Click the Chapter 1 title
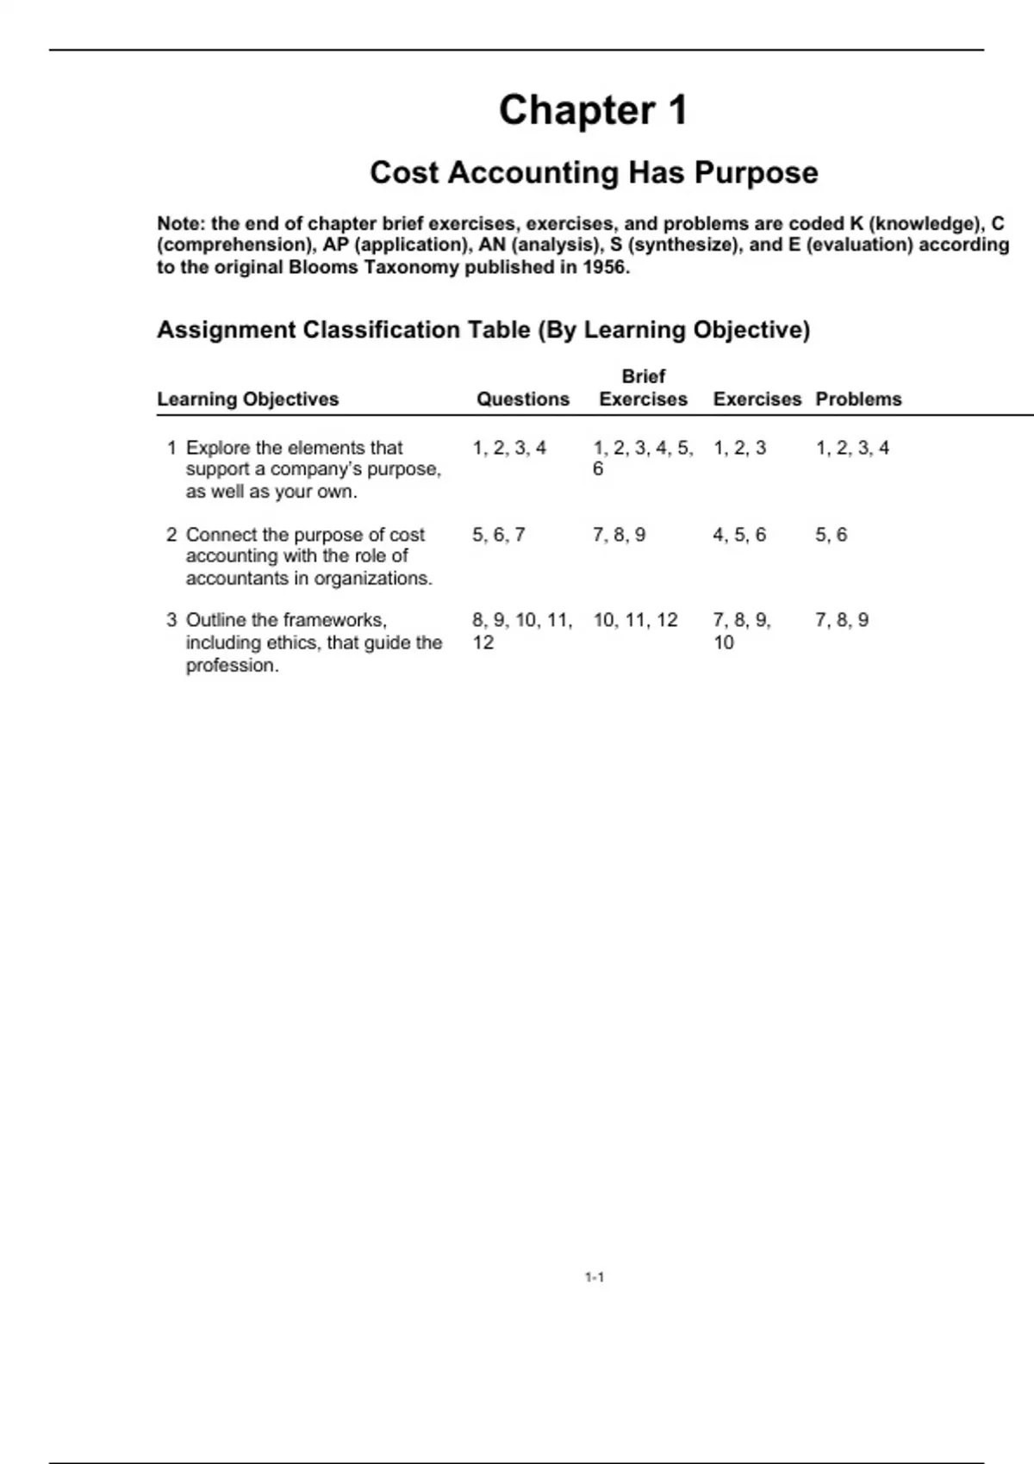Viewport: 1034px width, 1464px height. pos(593,110)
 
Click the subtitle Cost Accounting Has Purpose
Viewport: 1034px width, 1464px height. pos(594,172)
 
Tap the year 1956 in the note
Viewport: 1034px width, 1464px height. pos(605,267)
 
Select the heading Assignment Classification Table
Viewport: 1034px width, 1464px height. pos(483,330)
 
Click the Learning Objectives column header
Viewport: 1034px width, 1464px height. pos(248,399)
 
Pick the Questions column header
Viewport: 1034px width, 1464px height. pos(523,399)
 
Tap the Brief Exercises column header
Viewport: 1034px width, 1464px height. pos(643,388)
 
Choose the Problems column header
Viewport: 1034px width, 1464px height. pos(858,399)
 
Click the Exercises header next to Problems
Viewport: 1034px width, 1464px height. pos(757,399)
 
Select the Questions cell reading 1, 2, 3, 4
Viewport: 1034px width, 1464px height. pos(509,448)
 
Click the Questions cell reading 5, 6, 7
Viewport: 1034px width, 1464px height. pos(498,535)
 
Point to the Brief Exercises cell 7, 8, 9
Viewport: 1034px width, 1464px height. pos(619,535)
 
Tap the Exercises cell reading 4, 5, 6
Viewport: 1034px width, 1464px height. pos(739,535)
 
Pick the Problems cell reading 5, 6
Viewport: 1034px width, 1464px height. pos(832,535)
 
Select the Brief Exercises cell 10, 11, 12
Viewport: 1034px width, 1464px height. pos(635,620)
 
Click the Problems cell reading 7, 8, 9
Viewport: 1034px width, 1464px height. pos(842,620)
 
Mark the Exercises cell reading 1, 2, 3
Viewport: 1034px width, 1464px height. pos(739,448)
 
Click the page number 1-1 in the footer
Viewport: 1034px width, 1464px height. pos(594,1277)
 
